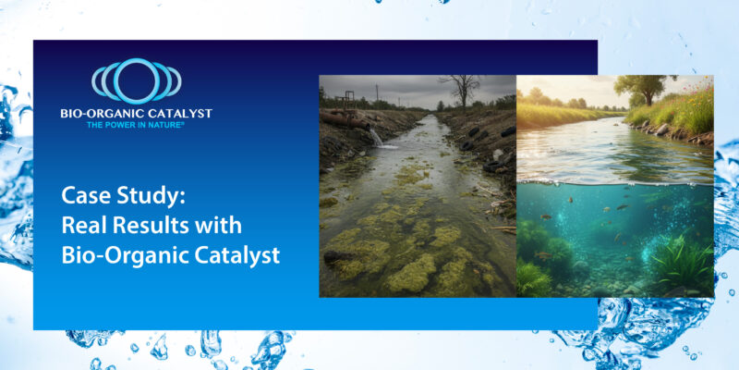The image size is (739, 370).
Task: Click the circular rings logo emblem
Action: pos(136,81)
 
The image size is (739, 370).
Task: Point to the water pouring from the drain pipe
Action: pos(377,138)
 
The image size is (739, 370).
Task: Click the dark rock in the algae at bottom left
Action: pos(339,258)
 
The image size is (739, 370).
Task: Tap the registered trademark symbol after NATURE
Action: pos(184,121)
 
